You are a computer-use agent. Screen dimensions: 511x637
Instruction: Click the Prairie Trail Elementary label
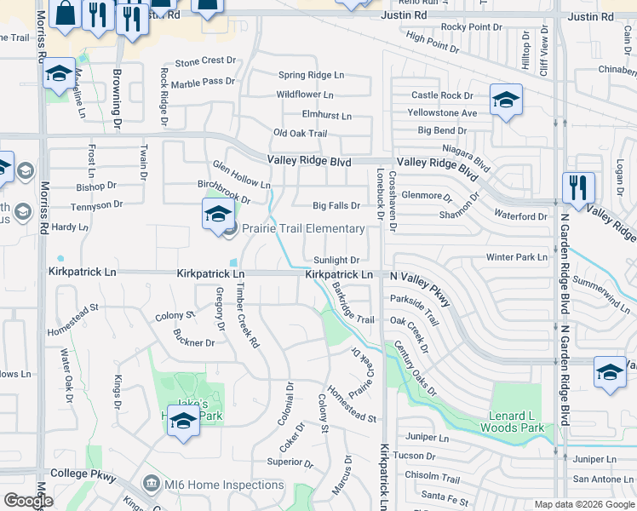point(303,228)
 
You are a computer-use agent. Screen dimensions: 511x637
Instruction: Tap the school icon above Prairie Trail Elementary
point(218,213)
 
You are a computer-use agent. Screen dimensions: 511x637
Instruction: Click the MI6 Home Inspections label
point(224,485)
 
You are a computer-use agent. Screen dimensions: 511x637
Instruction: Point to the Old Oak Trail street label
point(300,134)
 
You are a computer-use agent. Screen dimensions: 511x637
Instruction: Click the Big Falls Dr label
point(336,205)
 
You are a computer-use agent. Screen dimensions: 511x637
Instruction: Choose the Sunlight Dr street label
point(336,260)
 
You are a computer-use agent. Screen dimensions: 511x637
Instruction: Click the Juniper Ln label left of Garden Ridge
point(428,438)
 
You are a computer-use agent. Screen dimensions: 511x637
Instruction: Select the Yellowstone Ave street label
point(442,112)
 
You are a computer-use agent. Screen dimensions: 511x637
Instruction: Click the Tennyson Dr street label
point(97,205)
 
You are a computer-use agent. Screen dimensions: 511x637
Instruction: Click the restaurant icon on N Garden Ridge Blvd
point(578,187)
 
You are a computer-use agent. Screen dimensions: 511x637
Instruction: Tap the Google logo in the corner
point(28,501)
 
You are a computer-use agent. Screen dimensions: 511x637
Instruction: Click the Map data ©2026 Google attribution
point(584,504)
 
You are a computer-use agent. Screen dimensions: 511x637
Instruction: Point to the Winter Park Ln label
point(517,257)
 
